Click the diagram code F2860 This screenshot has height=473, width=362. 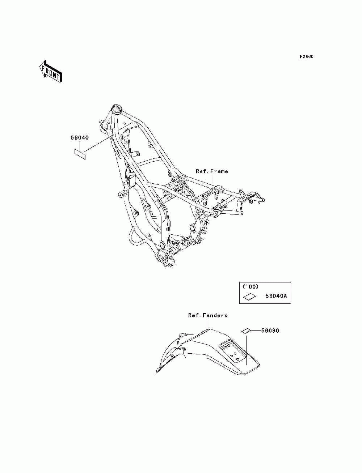306,57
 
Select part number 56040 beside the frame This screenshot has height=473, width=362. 80,138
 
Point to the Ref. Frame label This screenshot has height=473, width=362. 212,171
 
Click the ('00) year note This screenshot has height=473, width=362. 250,287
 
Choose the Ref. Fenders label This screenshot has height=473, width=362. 208,315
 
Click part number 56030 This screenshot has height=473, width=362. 270,331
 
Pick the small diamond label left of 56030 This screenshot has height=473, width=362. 246,331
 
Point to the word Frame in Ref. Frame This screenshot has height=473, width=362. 219,171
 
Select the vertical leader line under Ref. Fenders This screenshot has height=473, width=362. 208,324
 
